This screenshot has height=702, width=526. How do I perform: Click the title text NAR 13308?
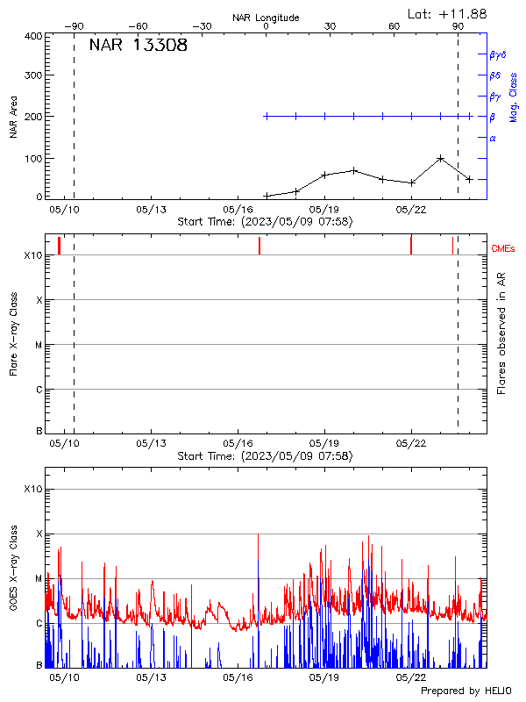pos(138,46)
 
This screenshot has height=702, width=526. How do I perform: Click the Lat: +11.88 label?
pos(448,13)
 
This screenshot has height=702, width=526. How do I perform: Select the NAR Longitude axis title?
pos(266,18)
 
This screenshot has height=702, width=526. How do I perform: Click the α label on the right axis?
pos(493,138)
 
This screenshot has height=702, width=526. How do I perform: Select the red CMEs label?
pos(503,250)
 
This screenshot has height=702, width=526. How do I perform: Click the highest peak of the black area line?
pos(440,159)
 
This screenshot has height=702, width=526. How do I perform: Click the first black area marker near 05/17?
pos(267,196)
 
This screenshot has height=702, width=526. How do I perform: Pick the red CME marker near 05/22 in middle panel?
pos(411,245)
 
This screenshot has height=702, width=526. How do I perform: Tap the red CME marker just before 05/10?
pos(59,245)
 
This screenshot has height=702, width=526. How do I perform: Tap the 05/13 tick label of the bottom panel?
pos(152,677)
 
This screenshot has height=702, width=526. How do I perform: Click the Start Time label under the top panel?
pos(265,222)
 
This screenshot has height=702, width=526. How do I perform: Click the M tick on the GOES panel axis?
pos(38,579)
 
